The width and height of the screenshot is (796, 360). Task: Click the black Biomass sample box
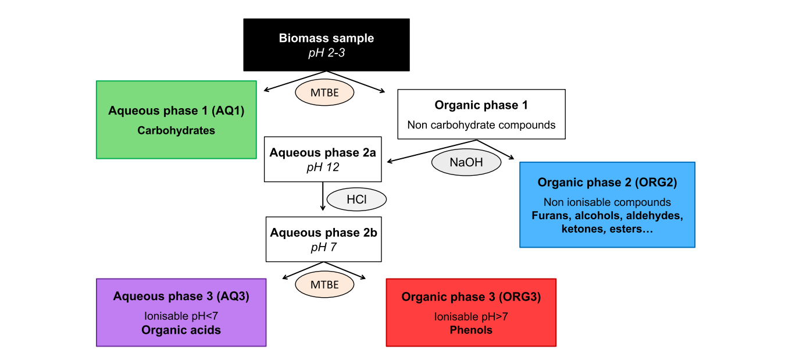point(326,45)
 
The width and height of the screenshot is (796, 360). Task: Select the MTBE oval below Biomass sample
point(324,92)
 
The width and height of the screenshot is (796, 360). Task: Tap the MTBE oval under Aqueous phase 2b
point(324,284)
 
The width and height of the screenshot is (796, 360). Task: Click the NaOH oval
point(466,162)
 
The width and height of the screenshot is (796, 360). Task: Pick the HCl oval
point(356,199)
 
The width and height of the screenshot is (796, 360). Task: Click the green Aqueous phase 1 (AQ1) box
point(176,119)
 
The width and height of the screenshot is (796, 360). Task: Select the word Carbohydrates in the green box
point(176,130)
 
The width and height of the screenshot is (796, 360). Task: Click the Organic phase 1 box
point(481,114)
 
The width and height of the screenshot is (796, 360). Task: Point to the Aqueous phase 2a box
point(323,159)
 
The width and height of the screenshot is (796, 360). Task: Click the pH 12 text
point(323,167)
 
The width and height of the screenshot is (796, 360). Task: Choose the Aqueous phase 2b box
point(323,239)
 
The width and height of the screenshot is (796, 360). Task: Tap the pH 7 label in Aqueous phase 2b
point(323,247)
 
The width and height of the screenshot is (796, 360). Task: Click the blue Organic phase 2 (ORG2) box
point(607,205)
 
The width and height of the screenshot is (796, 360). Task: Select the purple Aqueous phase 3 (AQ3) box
point(181,312)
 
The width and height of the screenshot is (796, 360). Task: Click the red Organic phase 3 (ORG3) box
point(471,312)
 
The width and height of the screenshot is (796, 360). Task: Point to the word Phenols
point(471,330)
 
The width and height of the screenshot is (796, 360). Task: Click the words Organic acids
point(181,330)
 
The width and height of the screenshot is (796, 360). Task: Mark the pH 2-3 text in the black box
point(326,52)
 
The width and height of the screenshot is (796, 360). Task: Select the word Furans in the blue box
point(548,216)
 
